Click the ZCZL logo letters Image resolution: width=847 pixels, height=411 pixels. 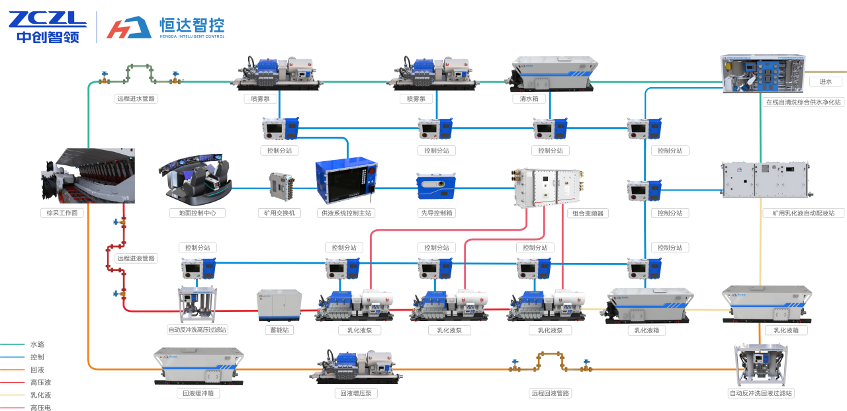[x=46, y=19]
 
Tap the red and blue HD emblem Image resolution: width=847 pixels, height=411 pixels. [x=129, y=27]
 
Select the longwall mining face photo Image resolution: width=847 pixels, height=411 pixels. [x=88, y=176]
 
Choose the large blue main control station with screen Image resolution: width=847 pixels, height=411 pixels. [x=347, y=180]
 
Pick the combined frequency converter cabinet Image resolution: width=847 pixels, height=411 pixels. [x=549, y=186]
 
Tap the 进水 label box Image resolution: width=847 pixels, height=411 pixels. [x=825, y=82]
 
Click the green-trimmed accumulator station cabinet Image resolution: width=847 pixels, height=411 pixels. [x=279, y=305]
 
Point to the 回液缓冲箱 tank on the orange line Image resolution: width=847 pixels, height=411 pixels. [x=199, y=365]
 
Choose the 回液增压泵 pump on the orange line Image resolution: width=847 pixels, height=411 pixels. [x=356, y=367]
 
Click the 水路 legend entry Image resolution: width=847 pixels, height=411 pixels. [x=37, y=344]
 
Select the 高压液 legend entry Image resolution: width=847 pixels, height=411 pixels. [x=37, y=383]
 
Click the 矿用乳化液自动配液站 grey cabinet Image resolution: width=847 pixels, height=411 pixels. [x=764, y=180]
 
